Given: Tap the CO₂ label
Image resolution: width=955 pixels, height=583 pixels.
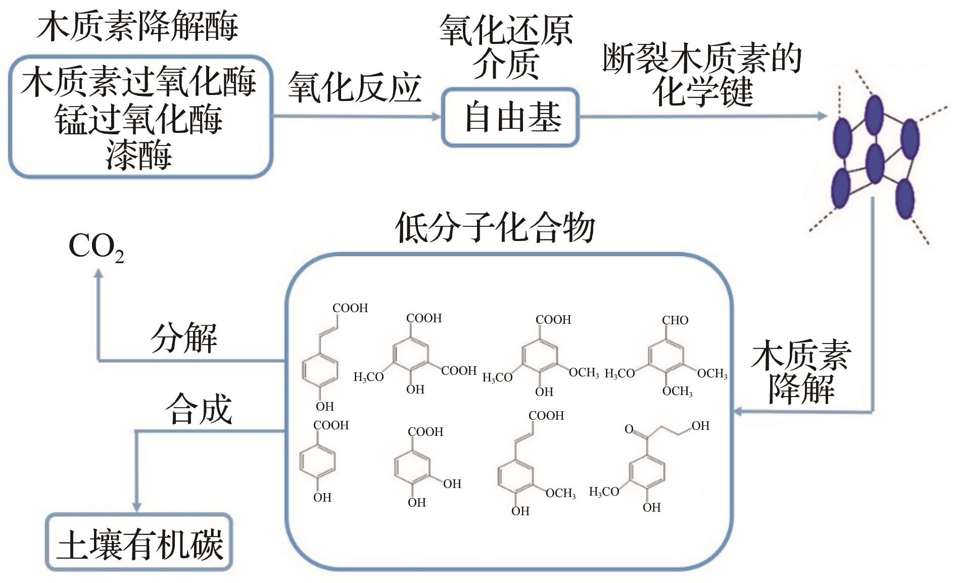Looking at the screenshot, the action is click(96, 248).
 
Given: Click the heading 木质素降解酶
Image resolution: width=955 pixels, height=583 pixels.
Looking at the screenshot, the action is click(137, 26).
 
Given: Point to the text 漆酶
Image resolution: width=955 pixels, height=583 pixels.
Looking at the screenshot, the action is click(139, 154).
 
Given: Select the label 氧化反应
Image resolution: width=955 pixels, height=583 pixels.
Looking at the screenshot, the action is click(355, 87).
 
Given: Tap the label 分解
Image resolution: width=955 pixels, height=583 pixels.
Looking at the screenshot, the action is click(184, 337).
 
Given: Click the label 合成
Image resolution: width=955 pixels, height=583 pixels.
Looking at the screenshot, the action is click(199, 409).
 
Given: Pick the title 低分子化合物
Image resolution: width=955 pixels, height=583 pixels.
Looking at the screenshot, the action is click(495, 227).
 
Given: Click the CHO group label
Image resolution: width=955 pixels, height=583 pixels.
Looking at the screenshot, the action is click(675, 320).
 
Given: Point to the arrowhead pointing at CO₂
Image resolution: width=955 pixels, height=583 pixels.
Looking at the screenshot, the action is click(99, 273).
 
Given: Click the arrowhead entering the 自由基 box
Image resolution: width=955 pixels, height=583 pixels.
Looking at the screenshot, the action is click(437, 117).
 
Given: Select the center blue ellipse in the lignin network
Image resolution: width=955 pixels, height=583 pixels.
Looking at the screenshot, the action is click(874, 163).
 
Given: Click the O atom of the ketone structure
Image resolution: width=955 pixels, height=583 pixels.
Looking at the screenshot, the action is click(629, 429).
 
